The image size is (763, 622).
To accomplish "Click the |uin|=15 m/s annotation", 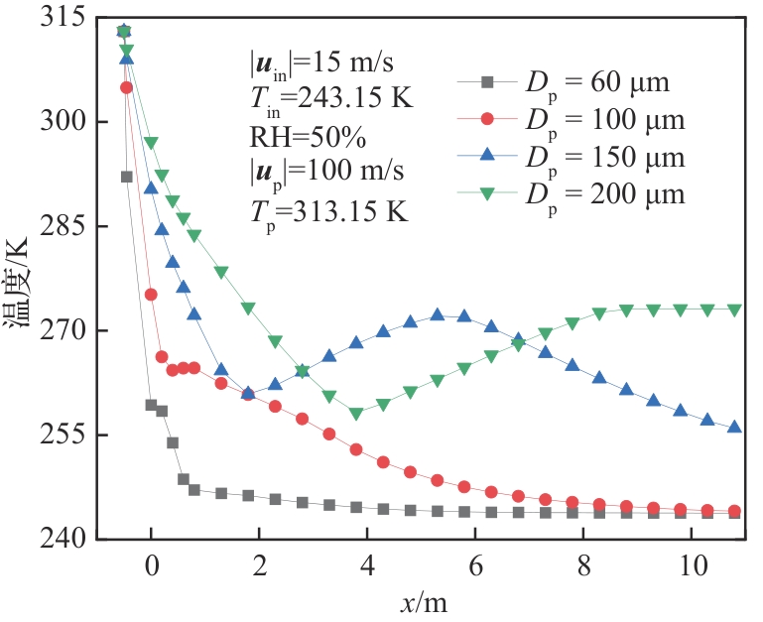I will pos(309,62).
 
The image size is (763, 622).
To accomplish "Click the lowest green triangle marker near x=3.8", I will pos(356,414).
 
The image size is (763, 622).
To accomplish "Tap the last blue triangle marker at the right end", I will pos(735,427).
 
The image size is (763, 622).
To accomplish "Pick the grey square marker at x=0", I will pos(151,405).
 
